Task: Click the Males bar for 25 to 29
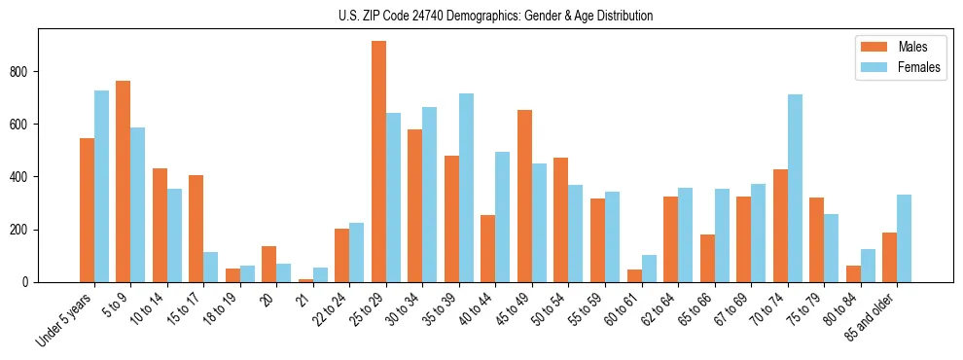[378, 162]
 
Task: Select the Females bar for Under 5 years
[101, 186]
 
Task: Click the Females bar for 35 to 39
[466, 188]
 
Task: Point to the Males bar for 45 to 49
[524, 196]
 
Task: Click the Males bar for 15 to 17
[196, 229]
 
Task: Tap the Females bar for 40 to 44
[503, 217]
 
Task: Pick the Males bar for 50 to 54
[561, 220]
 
